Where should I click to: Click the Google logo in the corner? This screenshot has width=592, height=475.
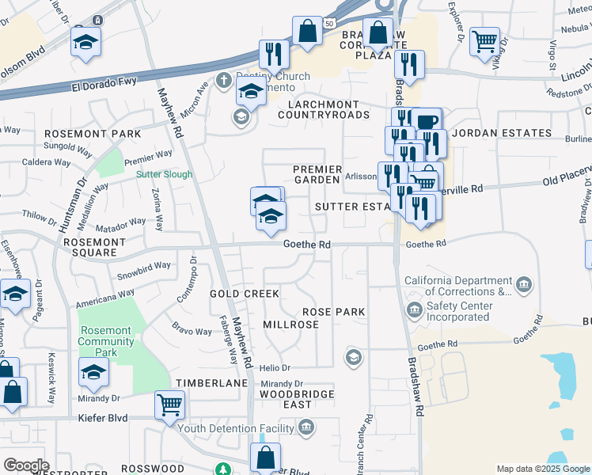point(26,465)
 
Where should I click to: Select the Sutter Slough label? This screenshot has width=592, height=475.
point(164,174)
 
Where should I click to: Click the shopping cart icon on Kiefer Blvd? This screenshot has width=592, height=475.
point(170,405)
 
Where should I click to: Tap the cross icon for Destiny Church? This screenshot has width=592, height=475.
point(224,81)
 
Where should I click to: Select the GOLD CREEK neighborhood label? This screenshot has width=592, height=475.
point(245,294)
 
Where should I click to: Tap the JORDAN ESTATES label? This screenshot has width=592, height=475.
point(501,133)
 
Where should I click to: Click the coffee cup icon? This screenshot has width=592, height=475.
point(427,122)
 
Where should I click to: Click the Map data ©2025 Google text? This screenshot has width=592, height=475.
point(542,469)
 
